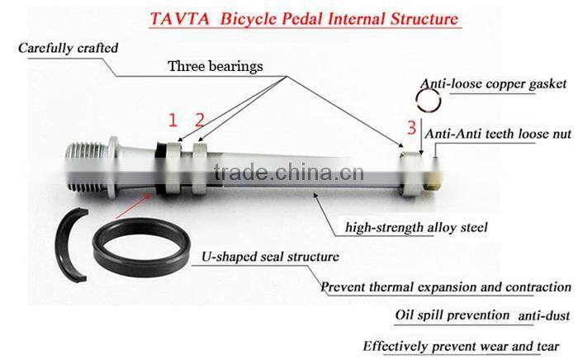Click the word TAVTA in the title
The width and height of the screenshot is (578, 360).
click(x=179, y=19)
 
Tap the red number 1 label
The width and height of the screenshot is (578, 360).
click(x=173, y=120)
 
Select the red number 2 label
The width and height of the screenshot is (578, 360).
click(x=200, y=120)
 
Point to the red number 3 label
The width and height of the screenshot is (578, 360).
click(x=411, y=127)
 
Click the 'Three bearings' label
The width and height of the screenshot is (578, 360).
click(x=216, y=66)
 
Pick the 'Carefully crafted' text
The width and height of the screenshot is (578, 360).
click(x=69, y=48)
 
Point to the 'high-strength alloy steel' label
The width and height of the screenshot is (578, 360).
click(x=416, y=227)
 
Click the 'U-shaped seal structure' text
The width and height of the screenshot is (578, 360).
click(x=270, y=257)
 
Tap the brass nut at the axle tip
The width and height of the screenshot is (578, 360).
click(x=433, y=174)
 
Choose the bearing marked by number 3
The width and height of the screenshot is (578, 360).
click(x=411, y=173)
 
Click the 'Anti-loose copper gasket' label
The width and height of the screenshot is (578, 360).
click(x=493, y=83)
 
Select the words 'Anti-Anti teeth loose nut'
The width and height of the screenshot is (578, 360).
click(x=498, y=134)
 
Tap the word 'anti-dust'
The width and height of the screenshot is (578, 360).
click(x=544, y=315)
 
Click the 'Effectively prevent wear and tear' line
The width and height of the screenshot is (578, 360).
click(x=461, y=346)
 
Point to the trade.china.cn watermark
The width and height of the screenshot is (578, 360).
click(x=289, y=172)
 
